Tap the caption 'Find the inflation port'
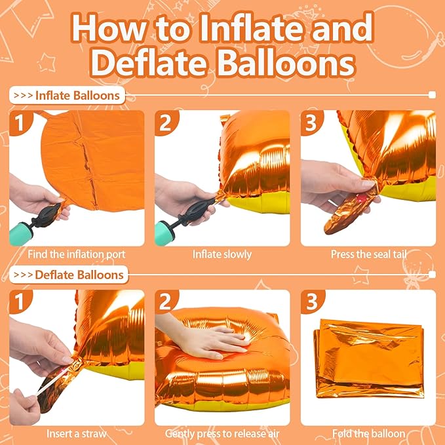[x=77, y=254]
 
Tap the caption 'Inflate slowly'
[x=222, y=254]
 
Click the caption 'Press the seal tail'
[x=368, y=254]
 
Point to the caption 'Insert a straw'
[x=77, y=433]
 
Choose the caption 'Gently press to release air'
[x=222, y=433]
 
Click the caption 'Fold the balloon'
[x=368, y=433]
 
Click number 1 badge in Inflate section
[x=20, y=123]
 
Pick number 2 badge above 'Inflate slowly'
[x=166, y=123]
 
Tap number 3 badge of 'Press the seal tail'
[x=312, y=123]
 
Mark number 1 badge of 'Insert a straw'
[x=20, y=302]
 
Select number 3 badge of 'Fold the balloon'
[x=312, y=302]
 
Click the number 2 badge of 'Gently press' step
[x=166, y=302]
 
